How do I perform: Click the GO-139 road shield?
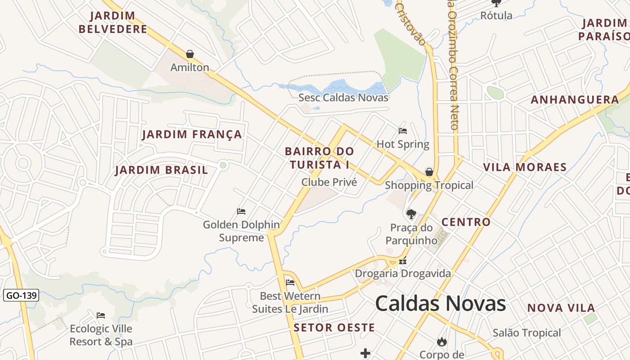[x=21, y=296]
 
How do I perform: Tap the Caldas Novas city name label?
[x=441, y=304]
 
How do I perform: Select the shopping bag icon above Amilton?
[x=190, y=54]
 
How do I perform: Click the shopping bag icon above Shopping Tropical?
[x=429, y=172]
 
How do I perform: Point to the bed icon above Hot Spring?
[x=403, y=131]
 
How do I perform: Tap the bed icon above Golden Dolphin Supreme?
[x=241, y=211]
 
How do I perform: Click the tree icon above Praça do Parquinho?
[x=411, y=214]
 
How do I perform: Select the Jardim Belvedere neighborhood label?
[x=113, y=22]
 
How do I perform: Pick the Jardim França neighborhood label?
[x=192, y=135]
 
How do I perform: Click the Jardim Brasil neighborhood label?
[x=162, y=170]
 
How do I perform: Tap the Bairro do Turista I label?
[x=319, y=158]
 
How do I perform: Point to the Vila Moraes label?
[x=525, y=167]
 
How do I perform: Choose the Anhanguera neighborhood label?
[x=575, y=100]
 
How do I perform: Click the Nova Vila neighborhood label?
[x=561, y=308]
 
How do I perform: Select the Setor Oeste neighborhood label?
[x=334, y=328]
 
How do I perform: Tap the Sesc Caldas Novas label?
[x=343, y=98]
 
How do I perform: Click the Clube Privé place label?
[x=329, y=182]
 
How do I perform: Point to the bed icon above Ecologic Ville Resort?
[x=101, y=315]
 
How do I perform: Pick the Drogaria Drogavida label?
[x=403, y=274]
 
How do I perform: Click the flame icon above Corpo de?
[x=442, y=342]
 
